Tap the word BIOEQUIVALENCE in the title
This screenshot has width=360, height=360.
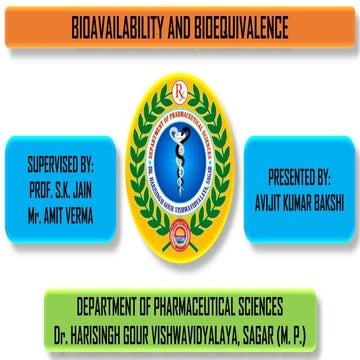(x=244, y=21)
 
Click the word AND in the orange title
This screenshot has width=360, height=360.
(x=180, y=21)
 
